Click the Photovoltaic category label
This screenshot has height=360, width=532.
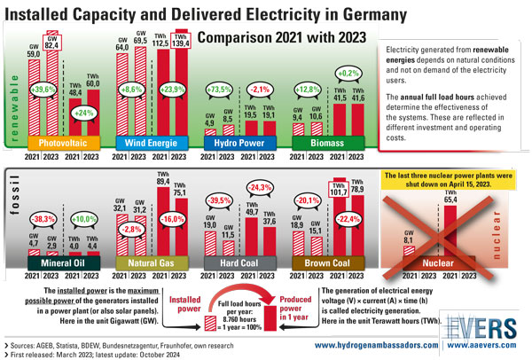(61, 142)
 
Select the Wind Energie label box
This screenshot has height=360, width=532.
(150, 142)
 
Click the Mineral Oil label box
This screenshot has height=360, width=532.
(61, 262)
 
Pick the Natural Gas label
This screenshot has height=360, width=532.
(150, 262)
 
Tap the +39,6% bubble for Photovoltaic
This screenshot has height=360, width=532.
(43, 90)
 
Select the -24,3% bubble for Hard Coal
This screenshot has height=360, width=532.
(260, 188)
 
